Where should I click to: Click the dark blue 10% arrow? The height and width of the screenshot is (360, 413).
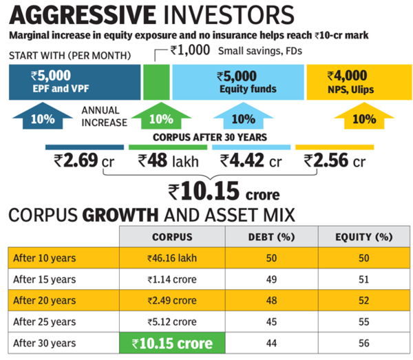point(43,117)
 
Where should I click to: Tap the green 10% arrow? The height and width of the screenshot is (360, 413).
point(160,118)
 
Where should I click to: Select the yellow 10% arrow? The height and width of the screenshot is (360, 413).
point(364,118)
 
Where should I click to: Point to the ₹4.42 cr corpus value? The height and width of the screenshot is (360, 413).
point(251,162)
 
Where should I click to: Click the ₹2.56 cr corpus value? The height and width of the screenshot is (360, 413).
point(335,162)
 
